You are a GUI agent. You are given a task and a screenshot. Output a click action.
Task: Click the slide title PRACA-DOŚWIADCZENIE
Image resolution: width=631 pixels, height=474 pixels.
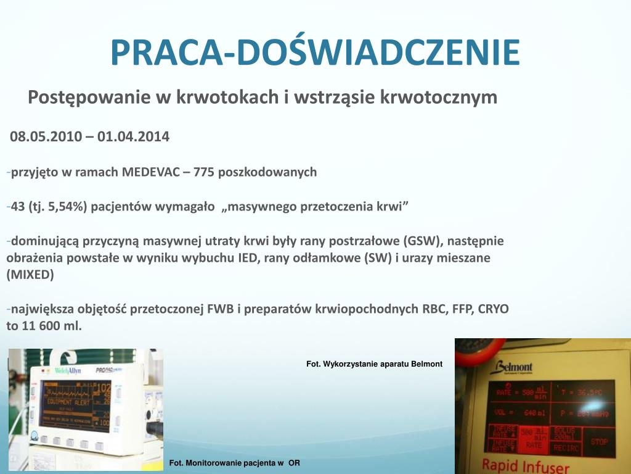coord(315,52)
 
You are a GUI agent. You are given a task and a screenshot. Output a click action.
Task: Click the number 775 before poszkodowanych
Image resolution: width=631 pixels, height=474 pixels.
coord(204,172)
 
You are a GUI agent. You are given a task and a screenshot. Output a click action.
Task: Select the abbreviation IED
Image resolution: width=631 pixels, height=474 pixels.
coord(248,258)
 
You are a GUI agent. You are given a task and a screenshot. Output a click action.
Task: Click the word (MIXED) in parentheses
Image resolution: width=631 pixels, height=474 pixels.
coord(30,275)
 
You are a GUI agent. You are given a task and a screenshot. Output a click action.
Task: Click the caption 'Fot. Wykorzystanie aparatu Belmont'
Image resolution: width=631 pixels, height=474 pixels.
coord(374,364)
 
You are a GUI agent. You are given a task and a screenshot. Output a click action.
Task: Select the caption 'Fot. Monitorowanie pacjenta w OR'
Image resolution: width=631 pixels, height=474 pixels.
coord(234,463)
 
